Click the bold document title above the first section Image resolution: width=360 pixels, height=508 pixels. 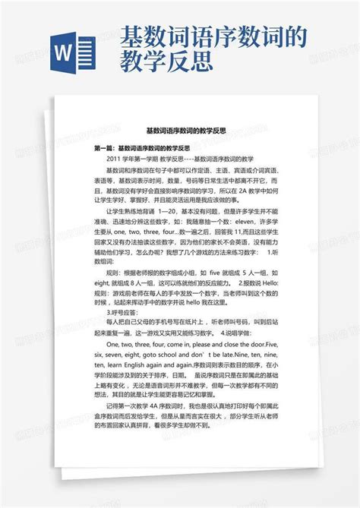point(180,131)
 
